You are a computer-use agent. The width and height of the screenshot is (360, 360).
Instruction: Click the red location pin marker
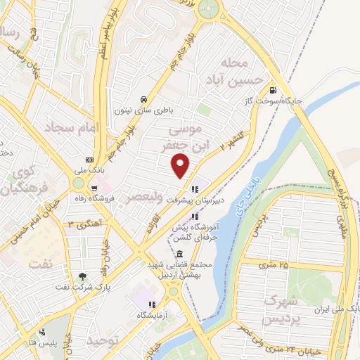point(181,165)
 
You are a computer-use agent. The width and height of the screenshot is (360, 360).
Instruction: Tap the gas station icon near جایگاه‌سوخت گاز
point(273,90)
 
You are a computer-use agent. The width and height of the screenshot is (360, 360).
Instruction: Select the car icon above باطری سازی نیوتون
point(143,98)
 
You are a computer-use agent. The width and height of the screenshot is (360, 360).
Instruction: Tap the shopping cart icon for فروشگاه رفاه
point(94,188)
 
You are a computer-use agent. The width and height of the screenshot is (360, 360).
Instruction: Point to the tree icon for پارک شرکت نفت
point(84,276)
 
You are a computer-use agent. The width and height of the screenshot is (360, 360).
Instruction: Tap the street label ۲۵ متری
point(274,265)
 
